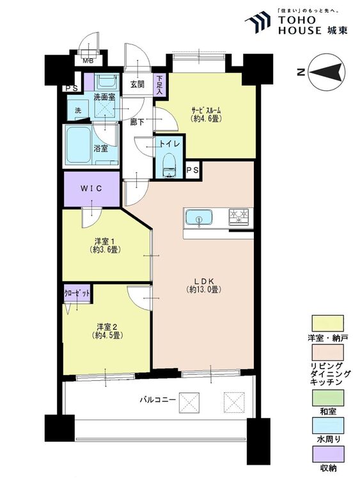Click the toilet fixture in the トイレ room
pyautogui.click(x=168, y=166)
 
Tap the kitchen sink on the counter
pyautogui.click(x=199, y=218)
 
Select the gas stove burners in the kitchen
pyautogui.click(x=239, y=217)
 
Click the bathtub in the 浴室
pyautogui.click(x=79, y=145)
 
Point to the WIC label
pyautogui.click(x=91, y=189)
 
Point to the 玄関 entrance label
pyautogui.click(x=137, y=84)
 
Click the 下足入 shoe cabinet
pyautogui.click(x=160, y=84)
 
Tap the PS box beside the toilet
pyautogui.click(x=192, y=170)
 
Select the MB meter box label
pyautogui.click(x=89, y=61)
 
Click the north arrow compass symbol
pyautogui.click(x=327, y=72)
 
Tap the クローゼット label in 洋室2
pyautogui.click(x=77, y=293)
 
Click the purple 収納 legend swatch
pyautogui.click(x=327, y=454)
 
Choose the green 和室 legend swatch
pyautogui.click(x=327, y=397)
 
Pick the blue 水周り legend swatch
pyautogui.click(x=327, y=426)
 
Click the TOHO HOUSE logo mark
pyautogui.click(x=258, y=21)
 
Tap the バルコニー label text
pyautogui.click(x=157, y=399)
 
